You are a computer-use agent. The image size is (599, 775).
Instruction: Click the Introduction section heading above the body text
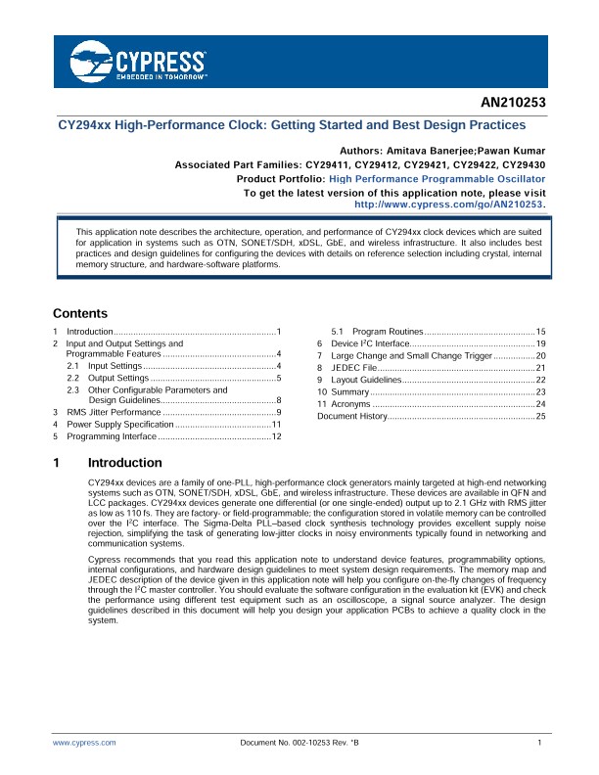pos(124,463)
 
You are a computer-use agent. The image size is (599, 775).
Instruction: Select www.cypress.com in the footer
pos(84,744)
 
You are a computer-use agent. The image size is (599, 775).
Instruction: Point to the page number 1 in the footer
pos(540,744)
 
